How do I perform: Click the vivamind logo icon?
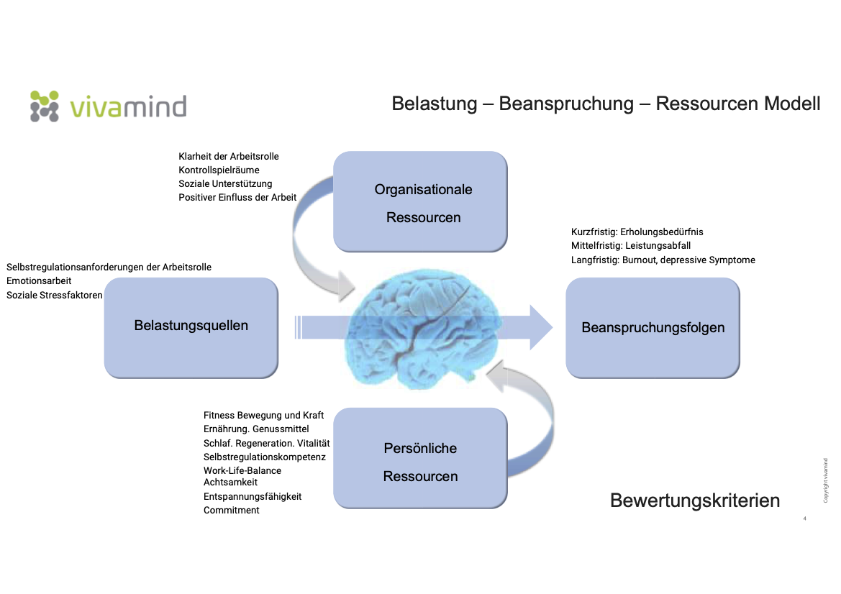click(44, 106)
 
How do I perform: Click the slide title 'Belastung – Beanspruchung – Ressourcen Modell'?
click(606, 104)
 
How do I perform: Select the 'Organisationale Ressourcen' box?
click(421, 202)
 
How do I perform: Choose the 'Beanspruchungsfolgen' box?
click(653, 328)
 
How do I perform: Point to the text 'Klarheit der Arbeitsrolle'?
click(229, 156)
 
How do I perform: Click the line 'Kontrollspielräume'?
click(219, 170)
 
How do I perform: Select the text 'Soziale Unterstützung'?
click(225, 183)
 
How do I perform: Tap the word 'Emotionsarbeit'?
click(39, 281)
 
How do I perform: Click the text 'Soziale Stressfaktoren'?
click(55, 295)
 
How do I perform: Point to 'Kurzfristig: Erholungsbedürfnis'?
click(637, 232)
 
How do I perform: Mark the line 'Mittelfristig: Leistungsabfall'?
click(631, 246)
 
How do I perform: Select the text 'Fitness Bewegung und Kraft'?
click(263, 416)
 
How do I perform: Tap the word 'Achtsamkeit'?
click(230, 483)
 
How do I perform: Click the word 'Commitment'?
click(231, 510)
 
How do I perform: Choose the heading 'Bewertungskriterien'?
click(694, 501)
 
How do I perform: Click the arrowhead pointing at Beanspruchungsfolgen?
click(541, 327)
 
